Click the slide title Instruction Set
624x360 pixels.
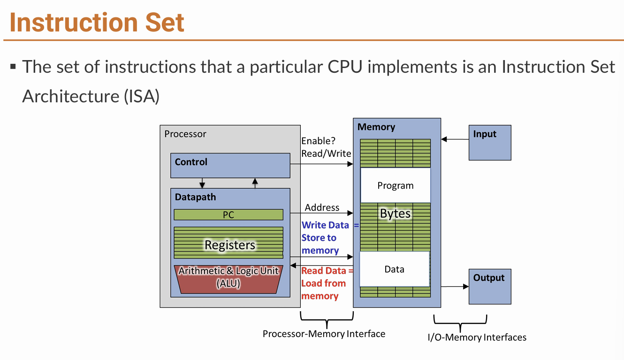coord(97,22)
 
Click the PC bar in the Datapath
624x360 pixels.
coord(228,214)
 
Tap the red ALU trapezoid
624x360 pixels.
coord(228,279)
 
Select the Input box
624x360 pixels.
coord(490,143)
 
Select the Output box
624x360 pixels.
coord(490,286)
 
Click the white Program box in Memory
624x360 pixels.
coord(396,185)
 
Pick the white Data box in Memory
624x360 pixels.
coord(395,269)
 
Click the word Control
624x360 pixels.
coord(191,162)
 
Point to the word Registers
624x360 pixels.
coord(230,245)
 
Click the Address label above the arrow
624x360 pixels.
coord(322,207)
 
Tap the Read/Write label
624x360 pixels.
coord(326,153)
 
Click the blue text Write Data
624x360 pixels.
coord(325,225)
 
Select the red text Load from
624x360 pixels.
coord(323,283)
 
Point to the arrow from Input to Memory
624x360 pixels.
coord(455,139)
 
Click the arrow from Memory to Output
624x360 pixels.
coord(455,286)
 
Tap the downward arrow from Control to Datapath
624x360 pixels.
coord(202,183)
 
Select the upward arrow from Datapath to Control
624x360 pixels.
coord(255,184)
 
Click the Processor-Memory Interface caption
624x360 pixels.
coord(324,334)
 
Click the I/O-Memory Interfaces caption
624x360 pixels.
coord(477,337)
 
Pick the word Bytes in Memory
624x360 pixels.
coord(396,214)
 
